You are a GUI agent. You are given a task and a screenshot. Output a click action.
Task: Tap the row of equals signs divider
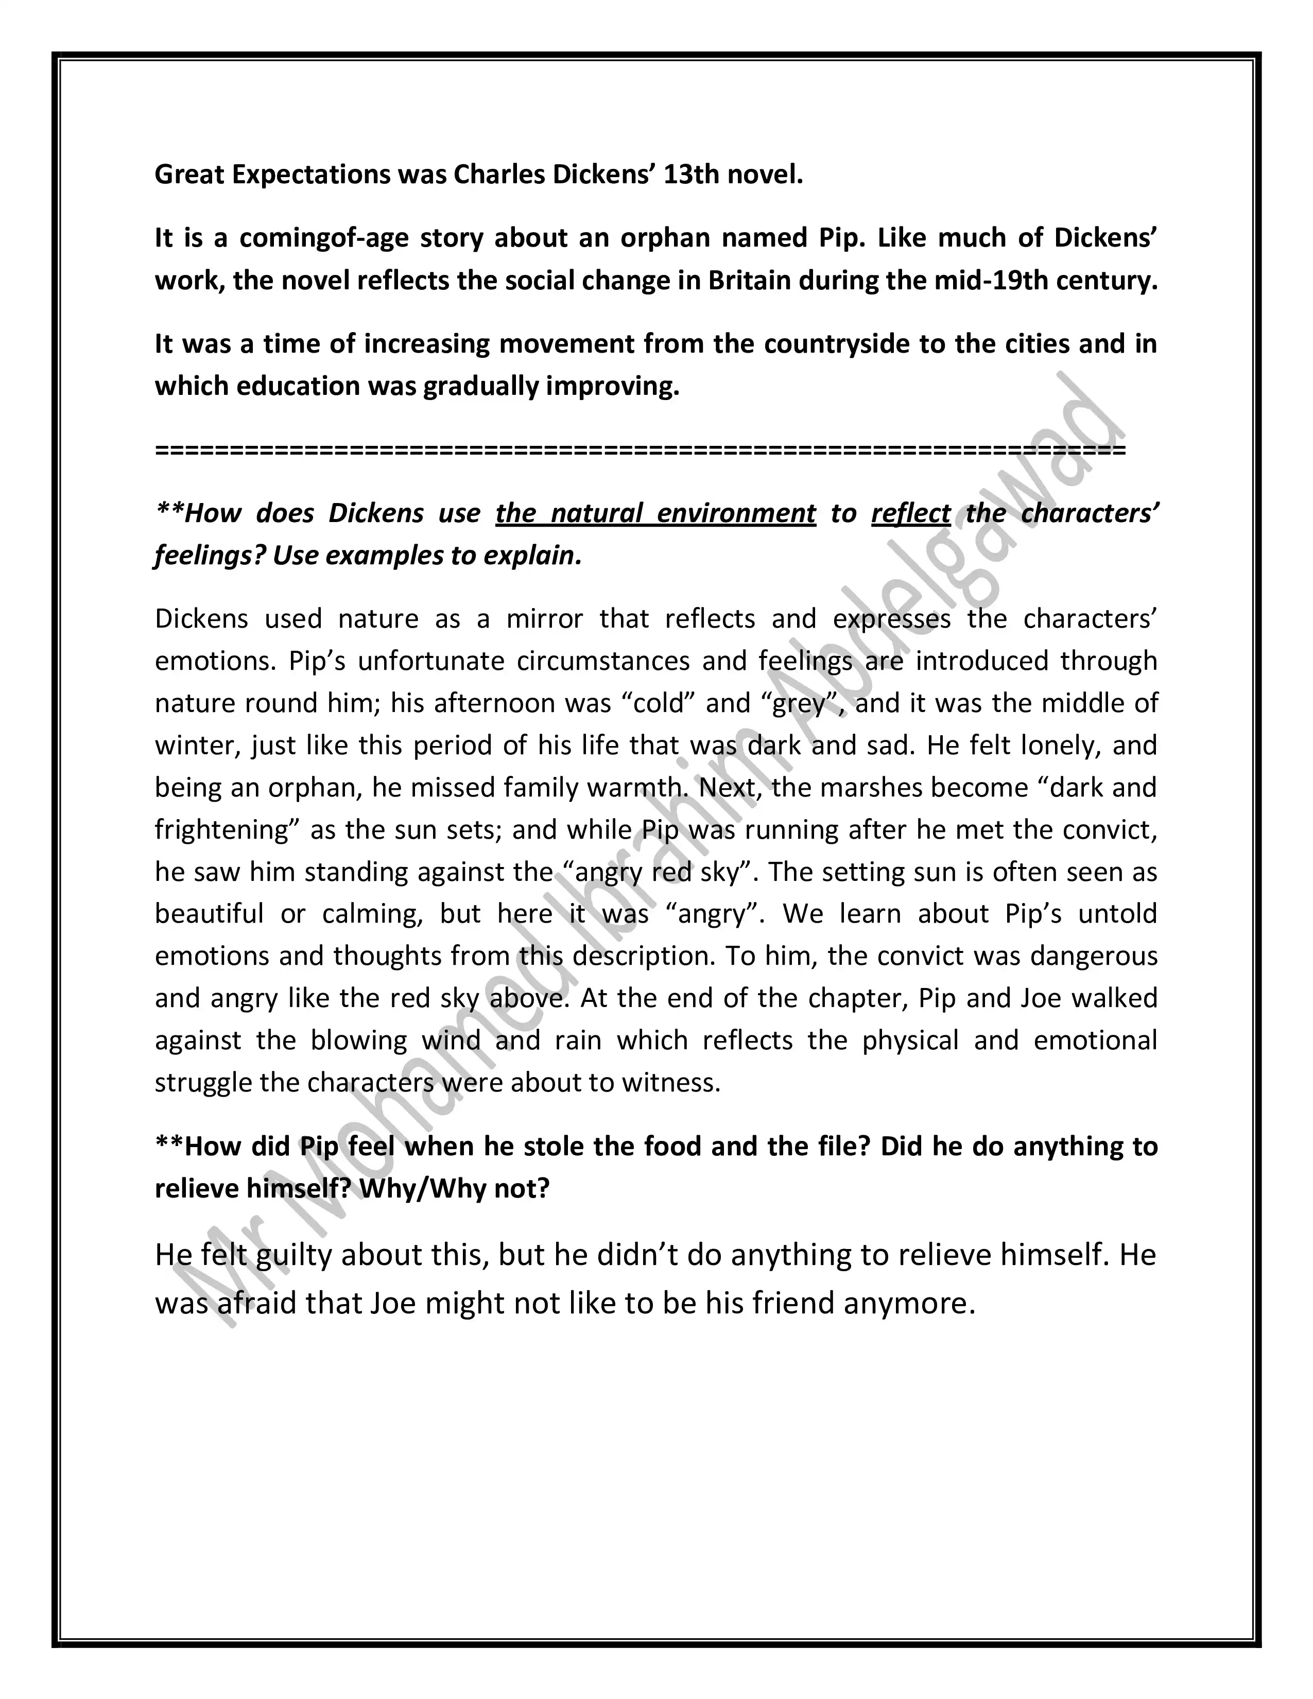tap(640, 449)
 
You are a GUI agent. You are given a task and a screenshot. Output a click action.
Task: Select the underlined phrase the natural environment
tap(655, 513)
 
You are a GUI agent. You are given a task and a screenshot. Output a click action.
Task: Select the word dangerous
tap(1093, 956)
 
